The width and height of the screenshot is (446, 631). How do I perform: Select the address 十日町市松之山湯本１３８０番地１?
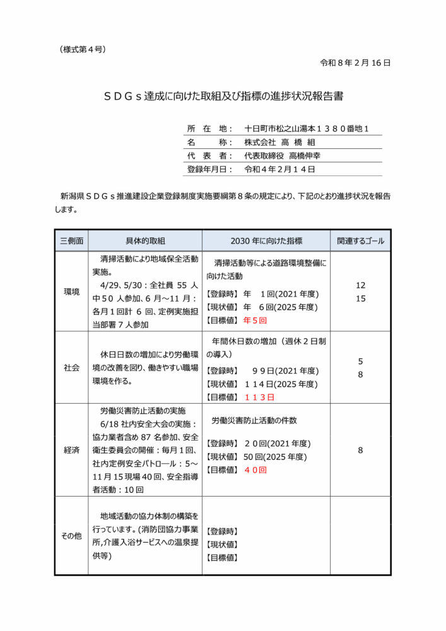tap(307, 128)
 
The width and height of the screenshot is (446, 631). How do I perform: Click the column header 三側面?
tap(71, 241)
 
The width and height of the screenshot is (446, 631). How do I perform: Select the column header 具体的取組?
tap(144, 241)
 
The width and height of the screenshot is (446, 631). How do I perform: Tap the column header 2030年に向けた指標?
tap(266, 241)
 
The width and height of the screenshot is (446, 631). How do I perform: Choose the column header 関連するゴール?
tap(360, 241)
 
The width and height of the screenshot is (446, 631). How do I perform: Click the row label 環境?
tap(71, 292)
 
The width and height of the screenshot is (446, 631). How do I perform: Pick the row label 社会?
tap(71, 368)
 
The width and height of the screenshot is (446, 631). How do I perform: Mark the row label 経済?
tap(71, 451)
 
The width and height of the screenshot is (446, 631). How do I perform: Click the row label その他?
tap(71, 536)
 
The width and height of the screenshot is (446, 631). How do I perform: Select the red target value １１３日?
tap(259, 398)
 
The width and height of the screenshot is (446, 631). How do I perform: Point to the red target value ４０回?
tap(255, 470)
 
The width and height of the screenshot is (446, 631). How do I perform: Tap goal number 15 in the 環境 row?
tap(360, 298)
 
